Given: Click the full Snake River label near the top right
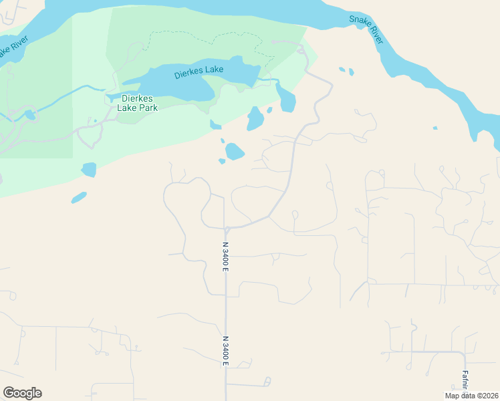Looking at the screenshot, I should coord(366,29).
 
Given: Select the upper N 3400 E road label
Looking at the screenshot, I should coord(226,257).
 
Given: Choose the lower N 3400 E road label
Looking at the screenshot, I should coord(226,350).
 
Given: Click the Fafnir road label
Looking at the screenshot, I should coord(464,380).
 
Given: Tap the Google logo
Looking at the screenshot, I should coord(22,393).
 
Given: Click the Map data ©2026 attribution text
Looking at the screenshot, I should coord(472,396).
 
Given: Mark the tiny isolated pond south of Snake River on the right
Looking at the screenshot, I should coord(435,128).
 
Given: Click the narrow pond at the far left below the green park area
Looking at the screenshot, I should coord(79,198).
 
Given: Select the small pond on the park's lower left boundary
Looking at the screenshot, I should coord(89,170).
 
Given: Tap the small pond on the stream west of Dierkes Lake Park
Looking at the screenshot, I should coord(30,114).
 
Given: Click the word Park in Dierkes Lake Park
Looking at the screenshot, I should coord(148,107).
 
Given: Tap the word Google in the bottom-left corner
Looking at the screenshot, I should coord(22,393).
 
